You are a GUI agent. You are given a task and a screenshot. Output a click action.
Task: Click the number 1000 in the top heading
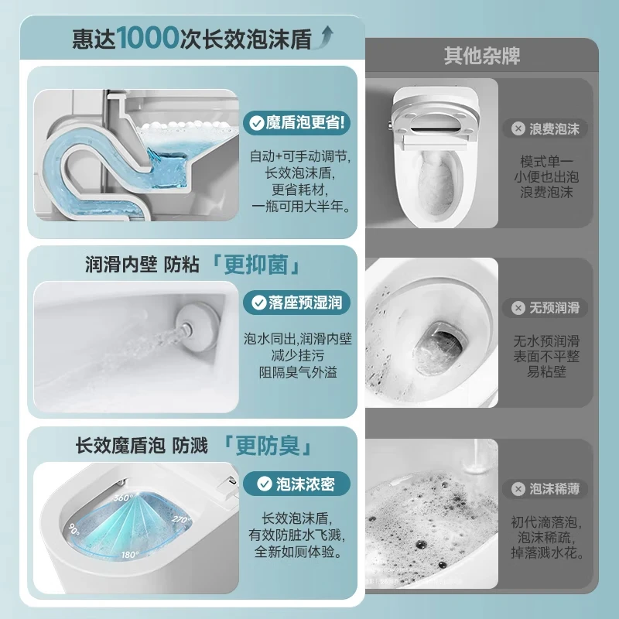click(x=148, y=38)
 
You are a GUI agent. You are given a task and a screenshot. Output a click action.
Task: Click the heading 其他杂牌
click(x=481, y=56)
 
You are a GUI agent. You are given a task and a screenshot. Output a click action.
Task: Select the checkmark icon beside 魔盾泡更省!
click(x=257, y=123)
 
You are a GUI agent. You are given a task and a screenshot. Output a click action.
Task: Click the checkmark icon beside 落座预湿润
click(x=259, y=303)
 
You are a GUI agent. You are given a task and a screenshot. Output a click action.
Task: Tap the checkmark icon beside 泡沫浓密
click(x=264, y=484)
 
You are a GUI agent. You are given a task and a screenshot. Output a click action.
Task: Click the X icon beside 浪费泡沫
click(x=518, y=128)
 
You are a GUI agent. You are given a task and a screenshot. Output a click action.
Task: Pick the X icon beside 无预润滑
click(x=518, y=308)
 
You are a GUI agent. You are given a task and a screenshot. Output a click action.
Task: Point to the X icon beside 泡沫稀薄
click(x=518, y=489)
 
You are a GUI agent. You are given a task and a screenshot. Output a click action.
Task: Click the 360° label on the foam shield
click(x=123, y=498)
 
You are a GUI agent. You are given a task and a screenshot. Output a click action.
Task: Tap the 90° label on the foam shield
click(x=74, y=529)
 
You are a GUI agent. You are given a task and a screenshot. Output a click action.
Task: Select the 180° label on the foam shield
click(x=130, y=555)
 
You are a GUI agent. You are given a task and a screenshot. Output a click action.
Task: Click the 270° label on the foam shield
click(x=181, y=520)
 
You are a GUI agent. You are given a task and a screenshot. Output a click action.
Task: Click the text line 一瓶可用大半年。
click(x=301, y=206)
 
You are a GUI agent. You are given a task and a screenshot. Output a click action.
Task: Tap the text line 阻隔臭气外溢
click(x=298, y=372)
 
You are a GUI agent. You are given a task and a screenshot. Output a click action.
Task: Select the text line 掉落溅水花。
click(x=547, y=552)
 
